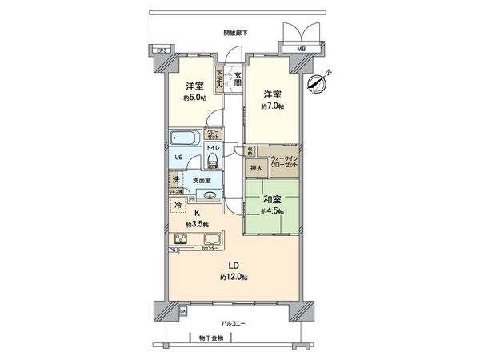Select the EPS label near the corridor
(162, 51)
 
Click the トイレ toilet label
(213, 150)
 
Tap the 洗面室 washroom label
(202, 181)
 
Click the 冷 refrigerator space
(177, 204)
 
